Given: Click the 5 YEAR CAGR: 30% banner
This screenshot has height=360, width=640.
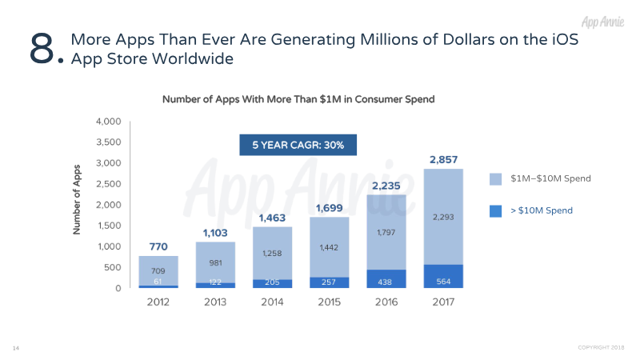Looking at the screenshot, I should click(298, 145).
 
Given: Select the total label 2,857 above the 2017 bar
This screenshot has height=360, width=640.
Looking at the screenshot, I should click(443, 159).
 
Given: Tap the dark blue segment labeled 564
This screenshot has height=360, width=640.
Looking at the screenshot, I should click(443, 281).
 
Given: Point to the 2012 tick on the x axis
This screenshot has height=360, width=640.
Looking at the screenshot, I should click(158, 302).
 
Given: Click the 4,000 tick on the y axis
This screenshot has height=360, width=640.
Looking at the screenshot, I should click(108, 122).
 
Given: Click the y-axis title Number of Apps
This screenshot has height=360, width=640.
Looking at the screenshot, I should click(78, 205).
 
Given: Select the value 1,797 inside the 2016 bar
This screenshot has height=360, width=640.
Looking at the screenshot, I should click(386, 233).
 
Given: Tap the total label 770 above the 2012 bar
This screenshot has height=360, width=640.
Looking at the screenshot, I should click(158, 246).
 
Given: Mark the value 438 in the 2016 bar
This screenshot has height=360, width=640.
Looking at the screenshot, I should click(386, 281).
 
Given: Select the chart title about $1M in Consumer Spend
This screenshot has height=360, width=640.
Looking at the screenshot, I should click(298, 99).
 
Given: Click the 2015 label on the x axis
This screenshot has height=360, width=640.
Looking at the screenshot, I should click(330, 302).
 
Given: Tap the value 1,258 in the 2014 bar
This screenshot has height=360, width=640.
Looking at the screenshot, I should click(273, 254).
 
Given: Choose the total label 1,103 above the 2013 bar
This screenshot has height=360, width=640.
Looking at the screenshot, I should click(215, 232).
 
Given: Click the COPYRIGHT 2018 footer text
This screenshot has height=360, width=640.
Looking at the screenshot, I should click(605, 347).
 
